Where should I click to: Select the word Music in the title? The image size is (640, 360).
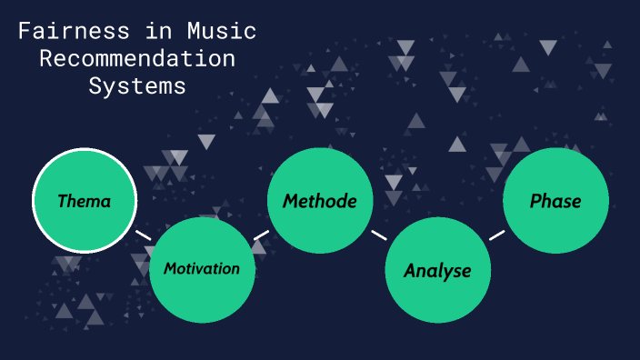221,32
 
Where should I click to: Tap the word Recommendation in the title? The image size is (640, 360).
137,59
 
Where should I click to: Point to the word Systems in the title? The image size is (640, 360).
137,85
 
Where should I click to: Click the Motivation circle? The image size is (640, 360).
202,270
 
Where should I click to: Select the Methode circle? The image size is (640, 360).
320,200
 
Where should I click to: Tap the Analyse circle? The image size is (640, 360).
437,270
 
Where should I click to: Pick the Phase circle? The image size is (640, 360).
555,200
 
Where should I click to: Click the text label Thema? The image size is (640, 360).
85,201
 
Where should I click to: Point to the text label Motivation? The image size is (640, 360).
202,269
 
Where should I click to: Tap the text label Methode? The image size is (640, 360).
320,201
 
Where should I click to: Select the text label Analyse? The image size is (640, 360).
437,271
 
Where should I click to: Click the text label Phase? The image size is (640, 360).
555,201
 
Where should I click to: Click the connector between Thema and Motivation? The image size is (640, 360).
143,235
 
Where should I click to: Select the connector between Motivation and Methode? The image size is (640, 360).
261,235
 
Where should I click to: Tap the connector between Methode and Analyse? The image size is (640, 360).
379,235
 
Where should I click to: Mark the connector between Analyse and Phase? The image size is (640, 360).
496,235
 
